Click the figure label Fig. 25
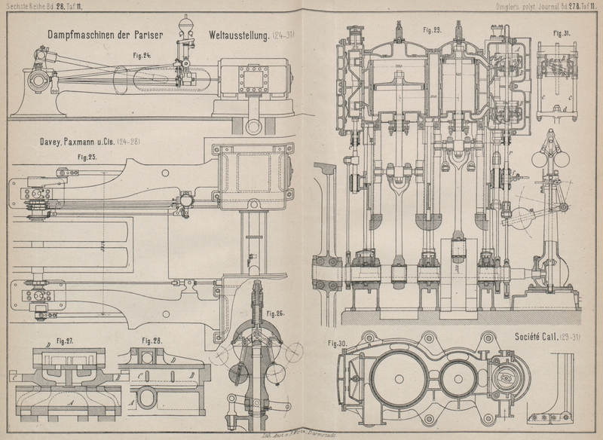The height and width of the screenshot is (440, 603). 87,157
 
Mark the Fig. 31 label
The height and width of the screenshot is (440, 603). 561,34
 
